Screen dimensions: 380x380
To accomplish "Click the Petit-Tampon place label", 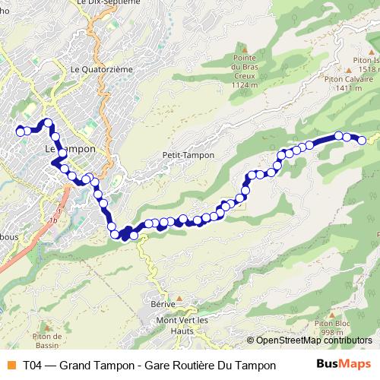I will click(x=188, y=155).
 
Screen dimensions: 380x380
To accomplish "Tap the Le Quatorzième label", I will click(x=101, y=69).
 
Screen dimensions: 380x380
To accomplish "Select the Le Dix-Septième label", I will click(x=109, y=3).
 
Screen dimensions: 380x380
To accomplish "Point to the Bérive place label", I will click(x=163, y=304).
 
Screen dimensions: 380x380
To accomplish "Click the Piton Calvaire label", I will click(x=349, y=78).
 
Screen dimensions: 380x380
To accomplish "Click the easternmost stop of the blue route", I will click(x=363, y=140).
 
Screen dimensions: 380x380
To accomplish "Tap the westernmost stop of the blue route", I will click(x=20, y=131).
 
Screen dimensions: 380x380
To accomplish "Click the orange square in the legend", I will click(x=10, y=365).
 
